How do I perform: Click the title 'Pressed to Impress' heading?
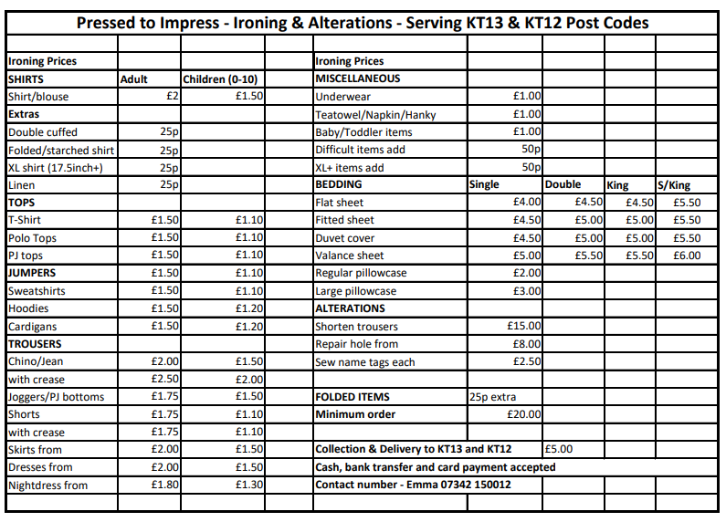coord(363,23)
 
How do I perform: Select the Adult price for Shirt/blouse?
coord(172,97)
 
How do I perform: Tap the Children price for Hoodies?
coord(249,308)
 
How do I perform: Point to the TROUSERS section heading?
coord(35,344)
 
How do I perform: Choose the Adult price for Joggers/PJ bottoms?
coord(165,397)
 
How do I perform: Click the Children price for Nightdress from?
coord(249,485)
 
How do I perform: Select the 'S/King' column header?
coord(675,185)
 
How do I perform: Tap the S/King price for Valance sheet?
coord(687,256)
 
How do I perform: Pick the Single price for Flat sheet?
coord(527,203)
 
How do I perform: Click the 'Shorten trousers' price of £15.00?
coord(524,327)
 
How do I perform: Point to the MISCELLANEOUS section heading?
coord(357,79)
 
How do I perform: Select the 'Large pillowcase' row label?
coord(356,291)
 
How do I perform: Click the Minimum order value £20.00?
coord(524,414)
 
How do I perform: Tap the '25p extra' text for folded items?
coord(492,397)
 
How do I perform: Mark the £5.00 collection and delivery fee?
coord(558,449)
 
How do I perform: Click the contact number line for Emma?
coord(413,485)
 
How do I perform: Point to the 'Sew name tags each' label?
coord(364,362)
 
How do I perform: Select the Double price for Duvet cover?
coord(589,238)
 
